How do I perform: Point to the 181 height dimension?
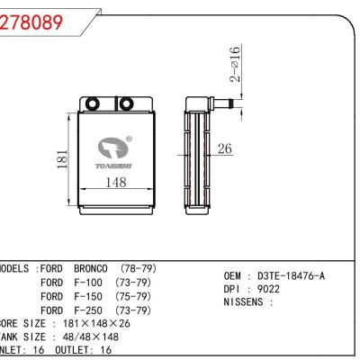pos(61,158)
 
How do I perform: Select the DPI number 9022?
pos(266,289)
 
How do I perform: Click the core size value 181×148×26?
pos(94,322)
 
